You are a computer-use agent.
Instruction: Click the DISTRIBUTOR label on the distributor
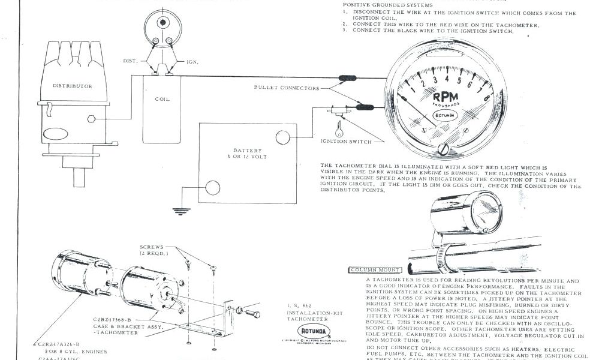(73, 86)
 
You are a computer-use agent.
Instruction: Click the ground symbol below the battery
(177, 211)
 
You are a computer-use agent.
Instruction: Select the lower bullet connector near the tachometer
(363, 108)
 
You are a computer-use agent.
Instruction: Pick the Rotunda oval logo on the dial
(445, 114)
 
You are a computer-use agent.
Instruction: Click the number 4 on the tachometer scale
(447, 78)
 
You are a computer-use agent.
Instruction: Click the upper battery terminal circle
(282, 138)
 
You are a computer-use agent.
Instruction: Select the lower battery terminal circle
(212, 188)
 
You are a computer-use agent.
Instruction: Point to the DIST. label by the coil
(130, 61)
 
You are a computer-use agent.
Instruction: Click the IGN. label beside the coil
(192, 61)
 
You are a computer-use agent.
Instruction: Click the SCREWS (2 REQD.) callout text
(155, 250)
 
